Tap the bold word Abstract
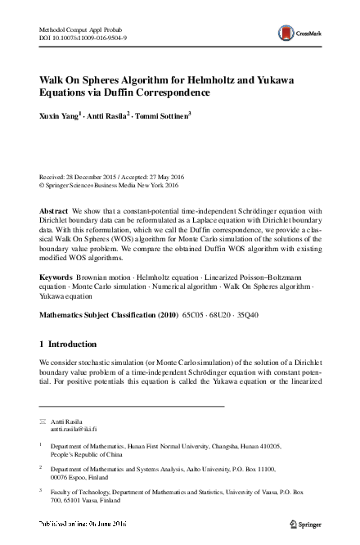54,211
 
